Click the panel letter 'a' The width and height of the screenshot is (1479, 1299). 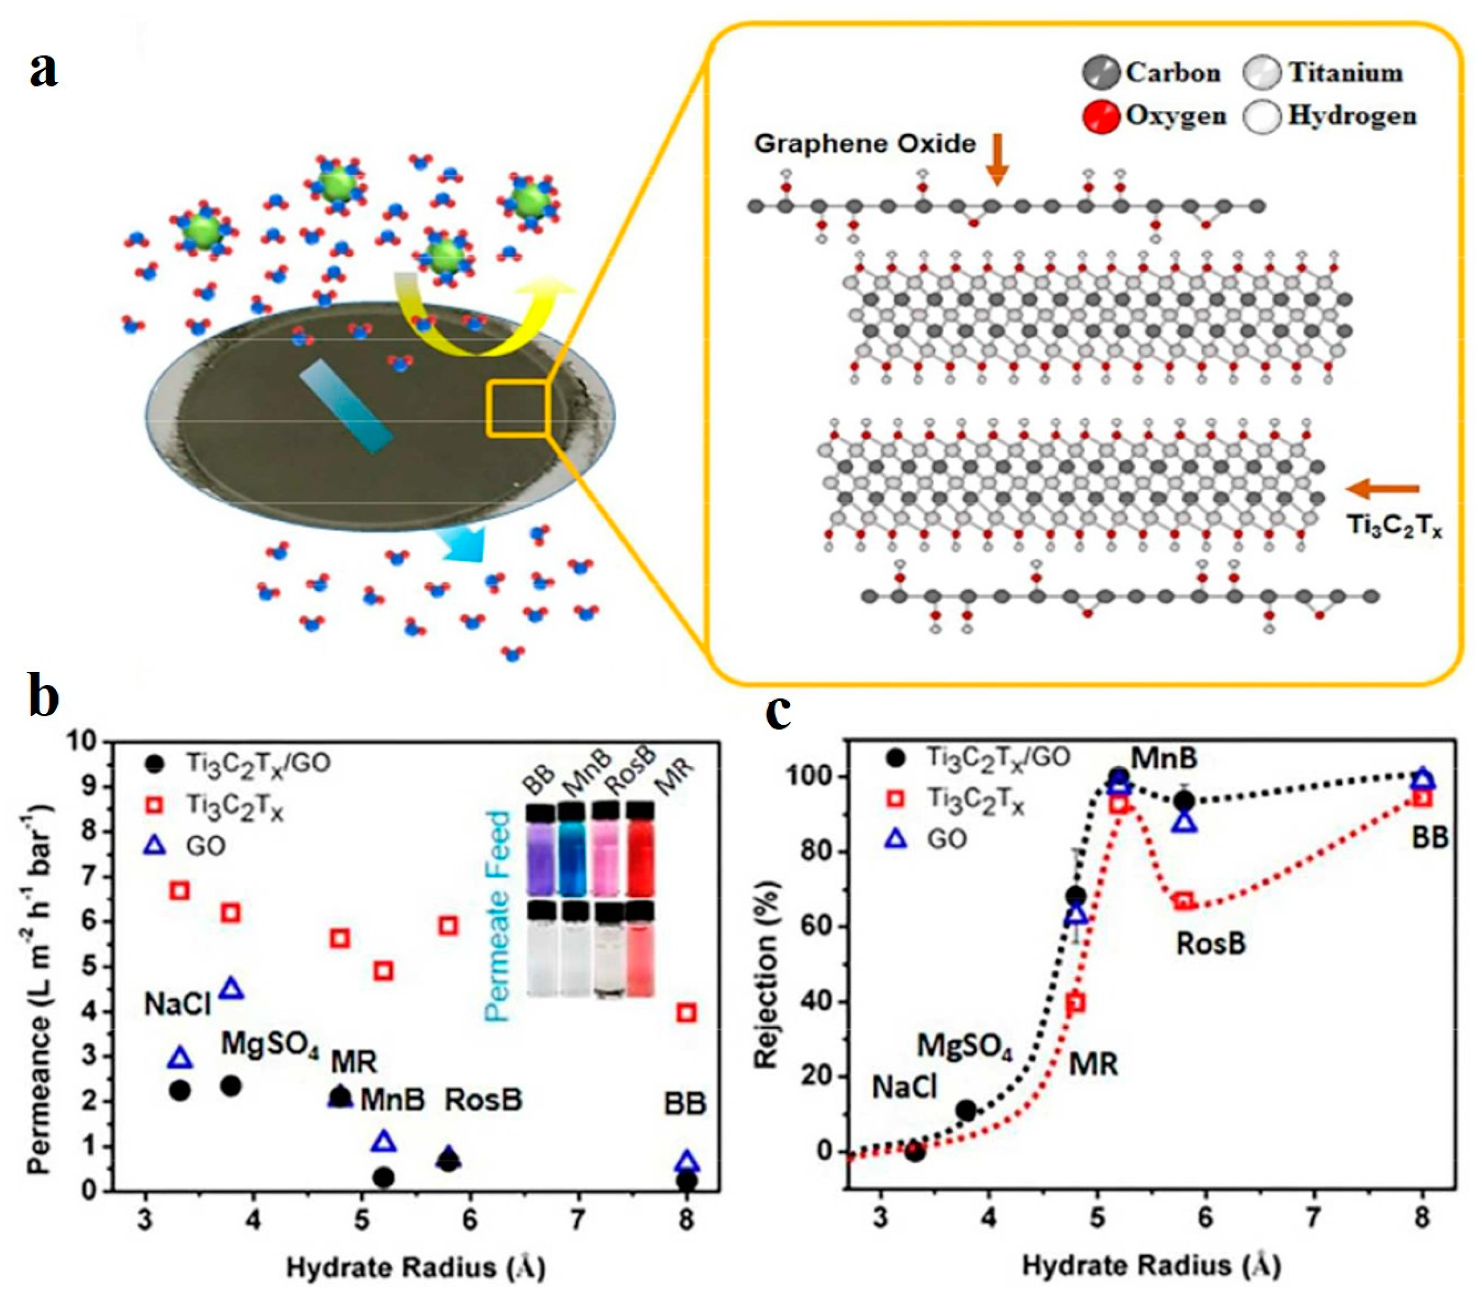(x=43, y=71)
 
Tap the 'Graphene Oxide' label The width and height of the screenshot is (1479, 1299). (x=864, y=143)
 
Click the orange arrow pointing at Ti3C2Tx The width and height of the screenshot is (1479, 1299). (x=1382, y=489)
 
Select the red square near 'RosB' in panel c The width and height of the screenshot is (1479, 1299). (x=1184, y=902)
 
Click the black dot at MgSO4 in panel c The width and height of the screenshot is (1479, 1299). (x=966, y=1110)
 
